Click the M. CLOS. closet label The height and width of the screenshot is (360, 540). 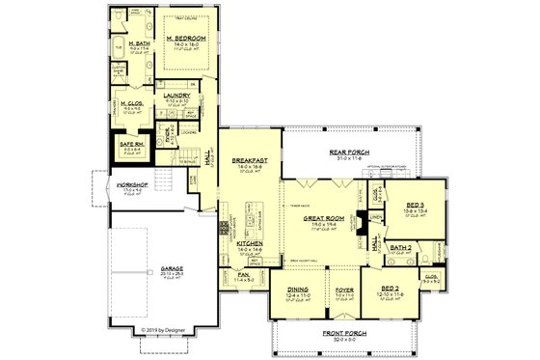click(x=132, y=103)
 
